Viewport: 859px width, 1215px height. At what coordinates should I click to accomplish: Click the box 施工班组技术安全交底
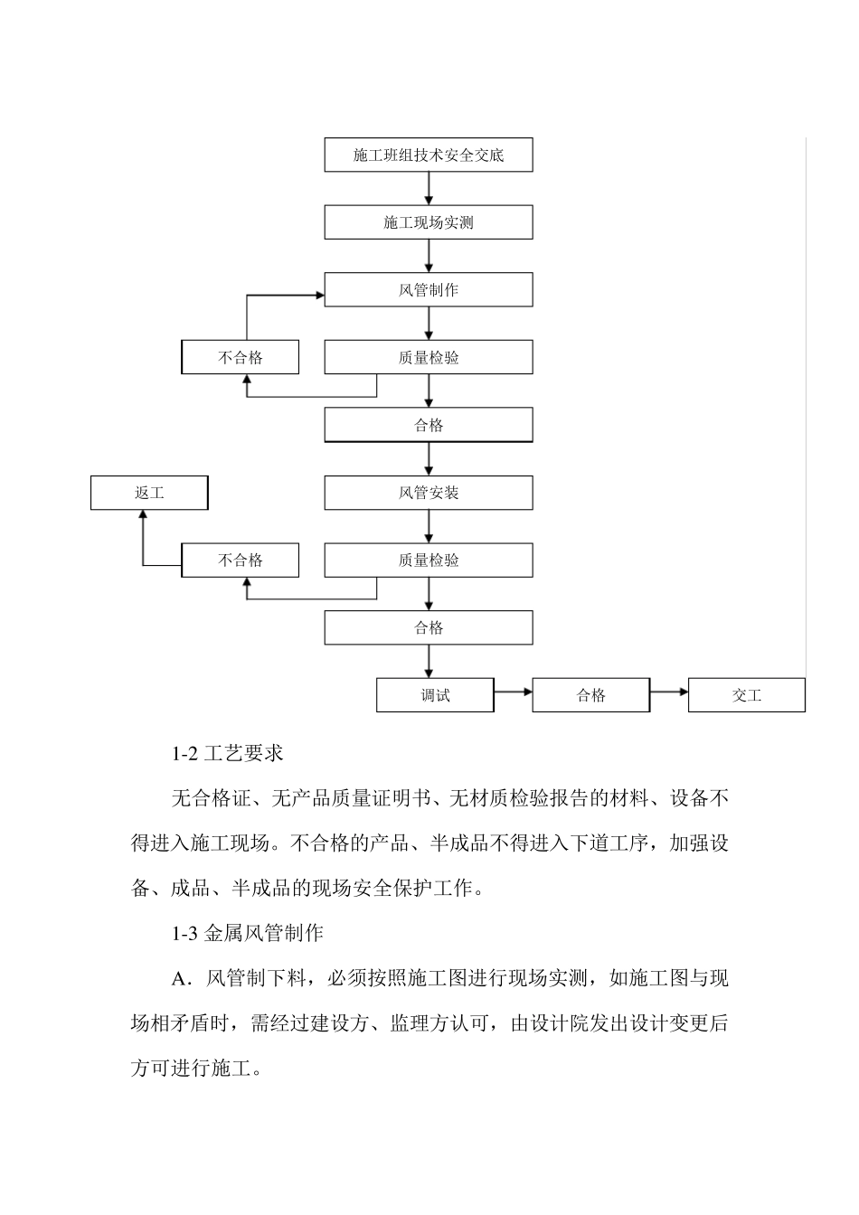click(x=429, y=155)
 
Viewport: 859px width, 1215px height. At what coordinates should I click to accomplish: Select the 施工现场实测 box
click(x=429, y=222)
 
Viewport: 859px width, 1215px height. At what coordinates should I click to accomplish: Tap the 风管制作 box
click(x=429, y=290)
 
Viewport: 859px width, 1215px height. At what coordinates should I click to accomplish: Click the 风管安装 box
click(x=429, y=493)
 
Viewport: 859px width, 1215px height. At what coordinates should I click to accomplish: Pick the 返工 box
click(x=149, y=493)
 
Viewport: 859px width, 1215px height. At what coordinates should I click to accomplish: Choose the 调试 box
click(x=435, y=695)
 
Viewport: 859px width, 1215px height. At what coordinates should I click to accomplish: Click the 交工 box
click(x=746, y=695)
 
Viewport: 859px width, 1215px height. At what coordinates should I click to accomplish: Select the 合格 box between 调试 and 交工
click(x=590, y=695)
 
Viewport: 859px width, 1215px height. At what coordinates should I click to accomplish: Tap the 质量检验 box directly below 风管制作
click(x=429, y=358)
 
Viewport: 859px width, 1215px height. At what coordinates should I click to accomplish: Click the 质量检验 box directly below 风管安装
click(x=429, y=560)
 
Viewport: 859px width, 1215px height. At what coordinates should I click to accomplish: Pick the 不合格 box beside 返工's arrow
click(x=241, y=560)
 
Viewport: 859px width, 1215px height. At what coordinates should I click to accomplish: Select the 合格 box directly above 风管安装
click(x=429, y=425)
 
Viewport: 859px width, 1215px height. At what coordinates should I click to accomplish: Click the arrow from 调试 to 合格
click(x=513, y=692)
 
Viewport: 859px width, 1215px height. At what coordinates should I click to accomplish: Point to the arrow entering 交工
click(x=669, y=692)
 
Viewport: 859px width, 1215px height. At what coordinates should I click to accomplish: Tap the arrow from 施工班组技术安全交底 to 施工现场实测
click(x=429, y=188)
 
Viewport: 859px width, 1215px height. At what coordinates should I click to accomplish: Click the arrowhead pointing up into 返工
click(x=143, y=514)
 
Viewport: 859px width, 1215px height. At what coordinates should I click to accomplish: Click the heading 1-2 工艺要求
click(x=227, y=753)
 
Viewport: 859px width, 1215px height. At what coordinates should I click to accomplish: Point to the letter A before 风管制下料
click(x=178, y=979)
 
